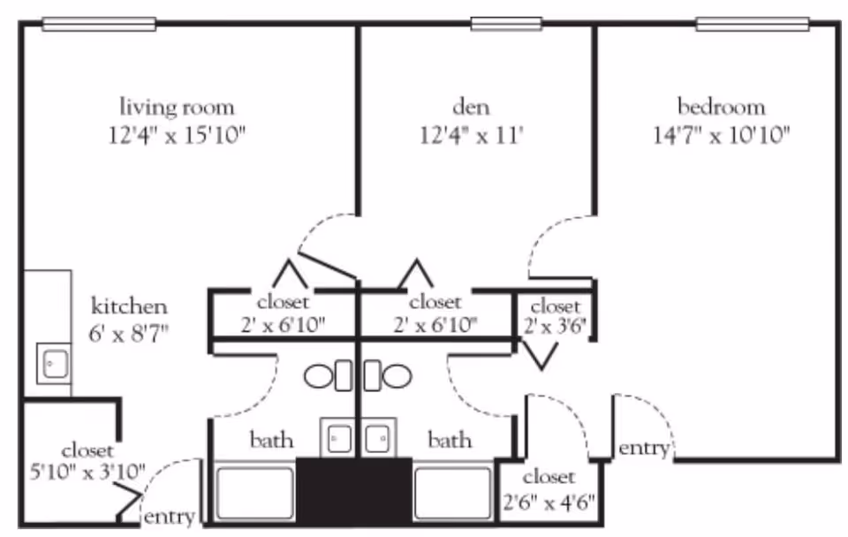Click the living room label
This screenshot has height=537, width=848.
pyautogui.click(x=178, y=108)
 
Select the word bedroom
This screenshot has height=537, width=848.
pyautogui.click(x=721, y=108)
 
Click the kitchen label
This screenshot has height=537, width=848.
pyautogui.click(x=129, y=307)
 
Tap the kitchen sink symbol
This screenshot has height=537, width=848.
pyautogui.click(x=55, y=363)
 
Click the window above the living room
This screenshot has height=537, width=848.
pyautogui.click(x=99, y=25)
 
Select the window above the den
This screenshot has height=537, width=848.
pyautogui.click(x=506, y=24)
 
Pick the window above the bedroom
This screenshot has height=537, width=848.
pyautogui.click(x=753, y=24)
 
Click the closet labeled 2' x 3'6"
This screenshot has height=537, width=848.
pyautogui.click(x=556, y=315)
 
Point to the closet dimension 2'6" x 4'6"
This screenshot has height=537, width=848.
pyautogui.click(x=549, y=503)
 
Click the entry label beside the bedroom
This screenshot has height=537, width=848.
pyautogui.click(x=644, y=449)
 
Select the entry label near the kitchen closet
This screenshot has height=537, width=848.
pyautogui.click(x=169, y=517)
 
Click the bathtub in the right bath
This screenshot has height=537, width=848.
pyautogui.click(x=451, y=494)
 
